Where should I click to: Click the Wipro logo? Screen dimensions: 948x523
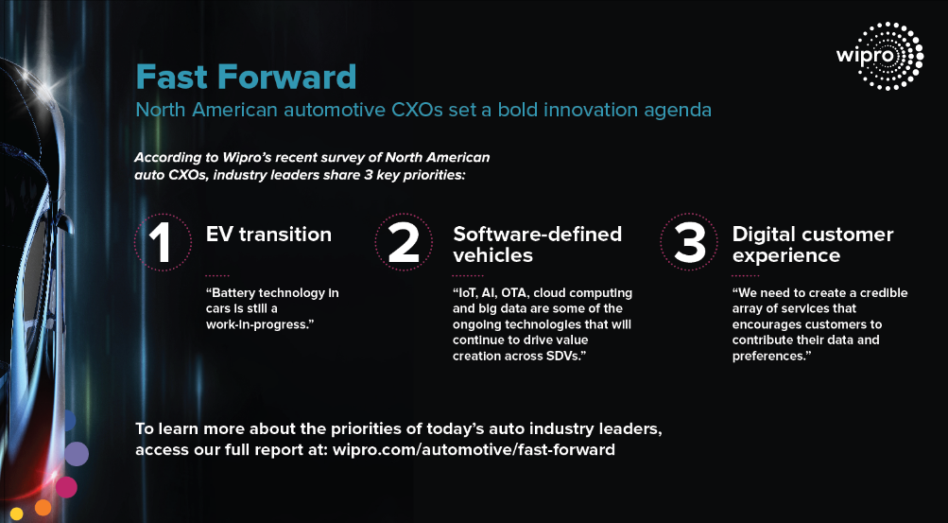tap(880, 56)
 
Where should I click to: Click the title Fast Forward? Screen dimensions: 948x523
tap(246, 77)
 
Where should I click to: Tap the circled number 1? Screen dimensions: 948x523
tap(163, 242)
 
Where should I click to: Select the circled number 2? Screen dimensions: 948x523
tap(404, 242)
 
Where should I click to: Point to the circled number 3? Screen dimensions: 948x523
tap(689, 242)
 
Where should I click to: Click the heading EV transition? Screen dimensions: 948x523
tap(268, 234)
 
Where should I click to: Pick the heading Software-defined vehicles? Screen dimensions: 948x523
tap(538, 244)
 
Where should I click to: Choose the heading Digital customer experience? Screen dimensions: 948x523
tap(813, 244)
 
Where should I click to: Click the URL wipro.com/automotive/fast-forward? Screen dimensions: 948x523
tap(474, 450)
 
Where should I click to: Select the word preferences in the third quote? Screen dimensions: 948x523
tap(771, 357)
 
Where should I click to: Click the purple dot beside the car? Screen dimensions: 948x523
tap(77, 453)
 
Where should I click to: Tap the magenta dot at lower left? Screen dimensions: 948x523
tap(66, 487)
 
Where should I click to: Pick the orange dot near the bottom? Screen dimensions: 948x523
tap(43, 507)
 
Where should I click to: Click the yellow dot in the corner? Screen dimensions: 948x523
tap(16, 514)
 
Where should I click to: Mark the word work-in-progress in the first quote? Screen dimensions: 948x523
tap(261, 325)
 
